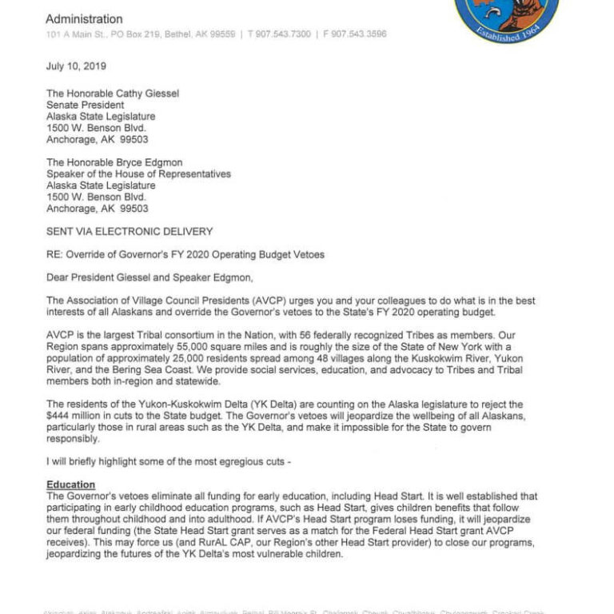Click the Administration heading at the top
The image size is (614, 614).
pyautogui.click(x=84, y=19)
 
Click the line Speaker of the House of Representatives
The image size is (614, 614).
pyautogui.click(x=138, y=174)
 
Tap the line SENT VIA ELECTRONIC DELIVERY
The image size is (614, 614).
pyautogui.click(x=129, y=232)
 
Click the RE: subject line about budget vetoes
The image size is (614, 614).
pyautogui.click(x=185, y=255)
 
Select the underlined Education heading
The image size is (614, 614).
pyautogui.click(x=71, y=485)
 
